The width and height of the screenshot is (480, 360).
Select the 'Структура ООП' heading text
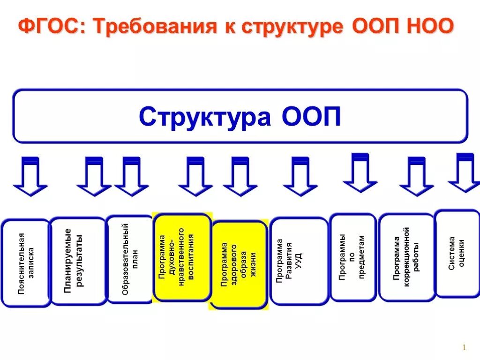coord(240,117)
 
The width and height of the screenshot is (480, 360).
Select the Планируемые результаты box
coord(78,261)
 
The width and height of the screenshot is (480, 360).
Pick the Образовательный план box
coord(130,259)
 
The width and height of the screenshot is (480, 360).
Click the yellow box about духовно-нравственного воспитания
coord(182,257)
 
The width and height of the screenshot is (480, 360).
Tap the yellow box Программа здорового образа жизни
coord(240,265)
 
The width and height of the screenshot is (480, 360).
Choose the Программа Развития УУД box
coord(299,261)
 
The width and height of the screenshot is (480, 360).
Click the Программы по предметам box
coord(353,257)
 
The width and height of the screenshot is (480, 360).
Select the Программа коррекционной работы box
coord(406,257)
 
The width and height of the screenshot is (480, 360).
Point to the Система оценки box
coord(457,253)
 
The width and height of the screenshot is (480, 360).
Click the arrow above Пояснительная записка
coord(30,177)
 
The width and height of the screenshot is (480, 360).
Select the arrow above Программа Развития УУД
coord(300,177)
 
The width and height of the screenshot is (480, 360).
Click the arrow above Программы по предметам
coord(360,173)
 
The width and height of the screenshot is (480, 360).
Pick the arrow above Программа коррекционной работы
coord(416,177)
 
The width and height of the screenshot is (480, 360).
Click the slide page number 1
coord(463,347)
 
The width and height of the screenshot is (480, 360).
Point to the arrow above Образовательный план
coord(131,177)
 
